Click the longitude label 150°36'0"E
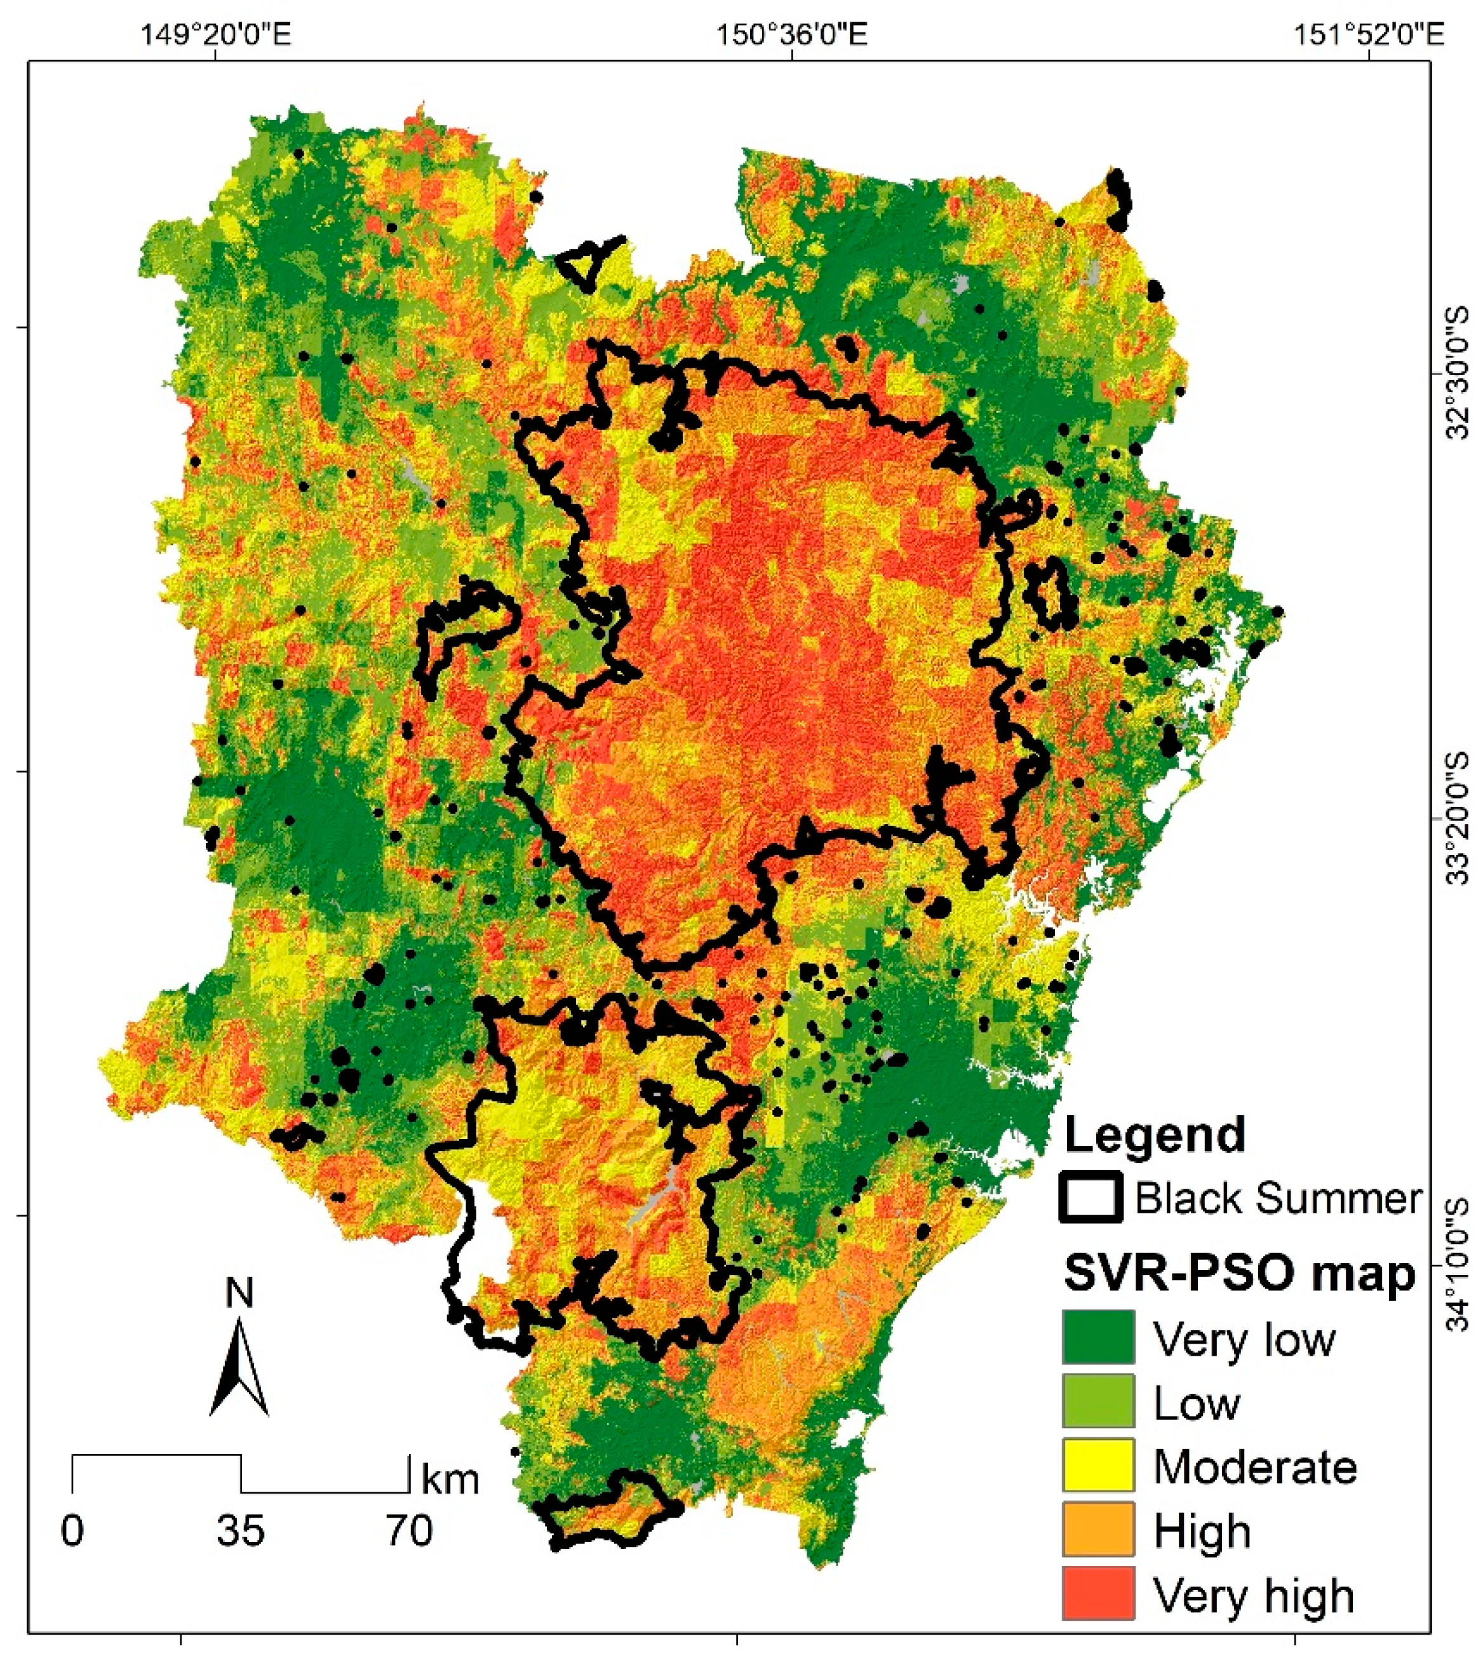792,35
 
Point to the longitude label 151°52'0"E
1369,35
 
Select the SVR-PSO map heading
1239,1273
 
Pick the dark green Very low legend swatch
1097,1337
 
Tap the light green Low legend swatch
1097,1400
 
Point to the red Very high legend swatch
1097,1593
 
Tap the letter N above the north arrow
239,1292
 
